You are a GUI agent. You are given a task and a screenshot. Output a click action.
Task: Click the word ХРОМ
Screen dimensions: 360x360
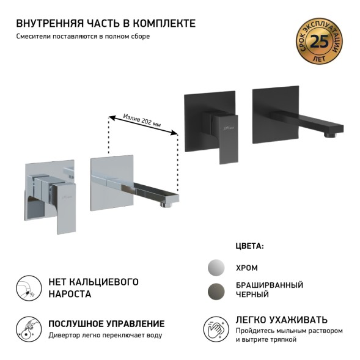[246, 268]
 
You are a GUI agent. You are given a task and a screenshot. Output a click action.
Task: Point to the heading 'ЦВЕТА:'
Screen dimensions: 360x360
[249, 246]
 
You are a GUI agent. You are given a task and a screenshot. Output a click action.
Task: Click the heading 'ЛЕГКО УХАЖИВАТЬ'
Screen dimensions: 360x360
[281, 319]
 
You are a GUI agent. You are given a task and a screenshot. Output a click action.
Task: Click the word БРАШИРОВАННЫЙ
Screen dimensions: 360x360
[269, 285]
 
